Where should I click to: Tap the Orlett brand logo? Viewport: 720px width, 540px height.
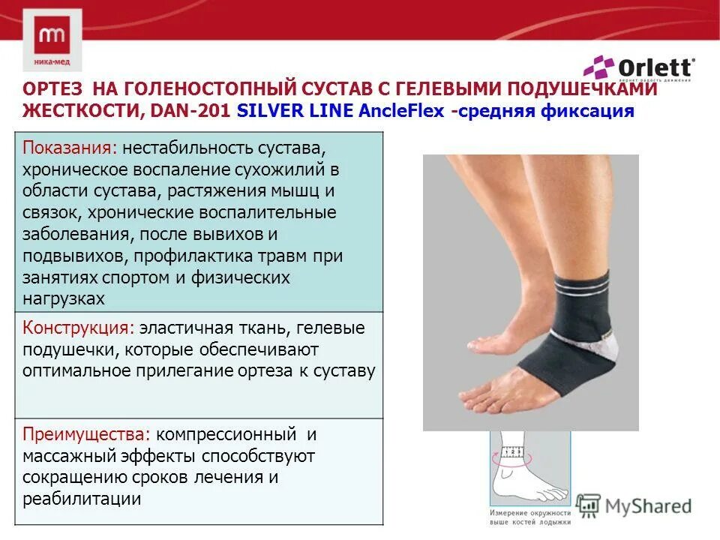[640, 68]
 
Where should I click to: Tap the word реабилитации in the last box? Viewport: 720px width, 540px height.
[82, 499]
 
